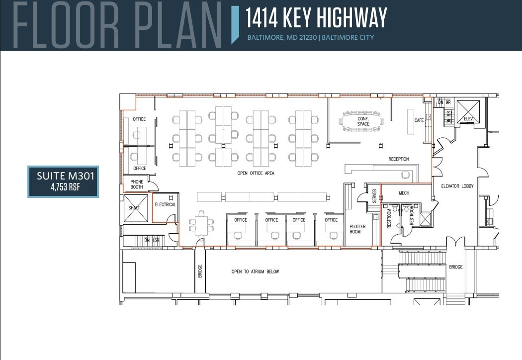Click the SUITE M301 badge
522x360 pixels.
(x=63, y=181)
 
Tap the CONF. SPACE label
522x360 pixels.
(x=363, y=121)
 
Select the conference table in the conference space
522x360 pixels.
(x=362, y=121)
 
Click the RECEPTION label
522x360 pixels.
(x=399, y=159)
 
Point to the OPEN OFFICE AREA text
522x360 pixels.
(x=256, y=174)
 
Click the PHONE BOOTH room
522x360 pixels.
(x=137, y=184)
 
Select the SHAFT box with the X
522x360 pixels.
(x=135, y=208)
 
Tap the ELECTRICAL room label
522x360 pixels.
(x=165, y=204)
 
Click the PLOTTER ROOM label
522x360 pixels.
(x=357, y=229)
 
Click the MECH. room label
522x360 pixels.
(x=404, y=193)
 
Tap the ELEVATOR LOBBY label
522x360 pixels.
(x=457, y=186)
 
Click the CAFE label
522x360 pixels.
(x=419, y=120)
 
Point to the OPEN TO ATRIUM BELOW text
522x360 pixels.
(x=255, y=271)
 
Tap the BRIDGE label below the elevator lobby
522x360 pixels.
(x=455, y=267)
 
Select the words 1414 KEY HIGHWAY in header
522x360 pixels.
(x=316, y=18)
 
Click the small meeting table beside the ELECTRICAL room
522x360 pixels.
(x=202, y=224)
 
